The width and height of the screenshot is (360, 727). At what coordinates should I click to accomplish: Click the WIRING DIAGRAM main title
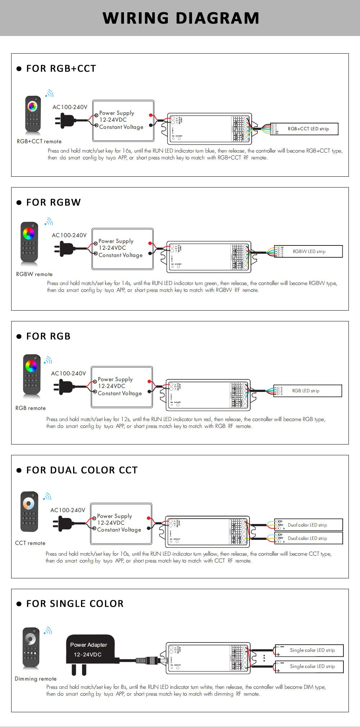pos(181,18)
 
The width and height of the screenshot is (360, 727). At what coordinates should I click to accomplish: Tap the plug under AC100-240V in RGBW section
pos(64,248)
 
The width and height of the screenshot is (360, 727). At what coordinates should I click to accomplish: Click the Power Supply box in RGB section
pos(122,387)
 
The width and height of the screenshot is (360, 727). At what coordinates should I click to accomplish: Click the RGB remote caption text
pos(31,408)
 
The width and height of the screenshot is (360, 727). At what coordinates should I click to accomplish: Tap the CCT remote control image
pos(29,511)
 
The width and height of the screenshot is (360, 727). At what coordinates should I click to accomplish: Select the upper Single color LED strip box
pos(310,650)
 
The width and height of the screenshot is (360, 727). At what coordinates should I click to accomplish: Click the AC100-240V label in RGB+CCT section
pos(70,107)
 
